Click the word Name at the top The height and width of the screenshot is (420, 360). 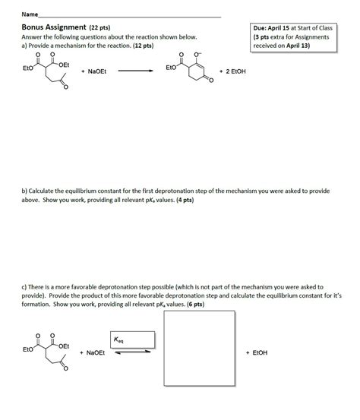coord(29,14)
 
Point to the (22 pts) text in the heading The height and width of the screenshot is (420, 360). coord(99,27)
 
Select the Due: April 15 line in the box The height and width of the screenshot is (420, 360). coord(293,28)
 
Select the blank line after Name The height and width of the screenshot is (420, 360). coord(129,16)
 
